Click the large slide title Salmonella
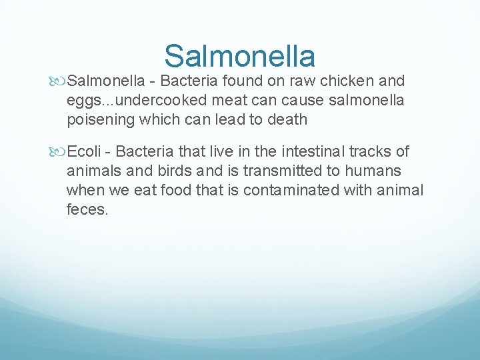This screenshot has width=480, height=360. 239,56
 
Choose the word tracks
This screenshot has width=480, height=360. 376,152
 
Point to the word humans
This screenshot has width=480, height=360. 373,171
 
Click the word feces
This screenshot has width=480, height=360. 86,210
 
